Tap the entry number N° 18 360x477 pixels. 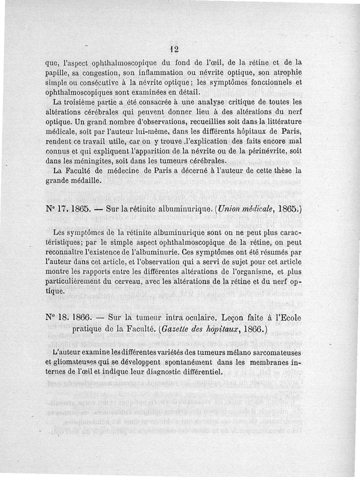(57, 317)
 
